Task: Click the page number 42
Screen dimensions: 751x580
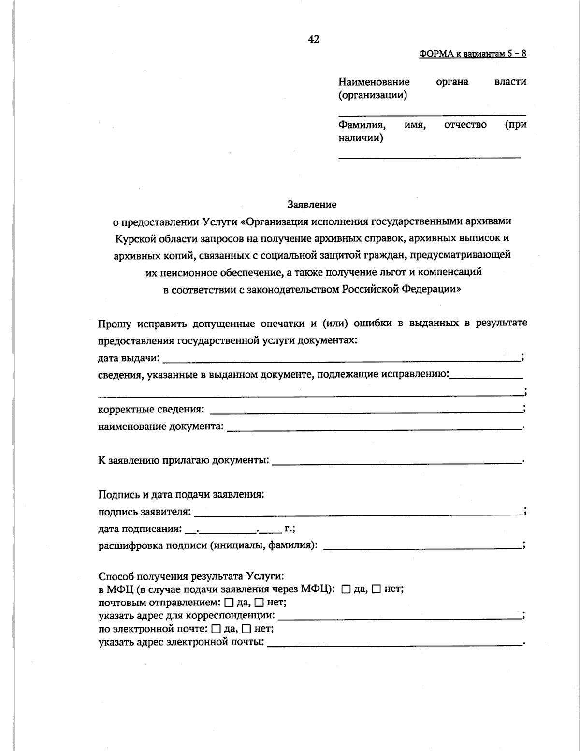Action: (313, 40)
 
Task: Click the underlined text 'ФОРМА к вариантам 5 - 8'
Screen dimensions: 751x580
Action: (472, 54)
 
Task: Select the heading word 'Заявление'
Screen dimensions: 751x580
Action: (312, 205)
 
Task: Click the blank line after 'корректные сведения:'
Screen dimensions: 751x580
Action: (365, 411)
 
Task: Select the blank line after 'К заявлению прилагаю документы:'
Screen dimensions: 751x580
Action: (396, 462)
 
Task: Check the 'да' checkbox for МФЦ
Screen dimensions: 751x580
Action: (346, 589)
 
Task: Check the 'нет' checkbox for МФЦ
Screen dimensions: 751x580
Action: (377, 589)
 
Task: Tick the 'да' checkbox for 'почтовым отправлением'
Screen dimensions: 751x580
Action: (229, 603)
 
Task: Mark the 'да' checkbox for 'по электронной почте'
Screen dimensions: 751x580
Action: (216, 630)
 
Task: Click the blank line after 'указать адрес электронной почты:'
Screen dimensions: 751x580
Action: (394, 644)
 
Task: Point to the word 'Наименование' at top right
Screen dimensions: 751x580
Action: (374, 82)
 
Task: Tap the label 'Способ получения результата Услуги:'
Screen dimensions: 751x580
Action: (190, 576)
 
